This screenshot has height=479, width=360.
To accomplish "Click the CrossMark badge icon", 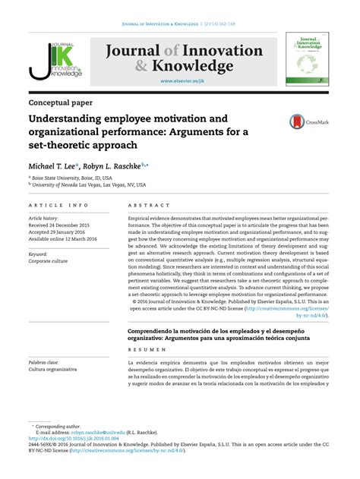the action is coord(303,121).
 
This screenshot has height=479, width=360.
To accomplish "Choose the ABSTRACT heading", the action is coord(147,206).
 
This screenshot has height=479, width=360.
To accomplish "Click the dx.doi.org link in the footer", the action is coord(79,439).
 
